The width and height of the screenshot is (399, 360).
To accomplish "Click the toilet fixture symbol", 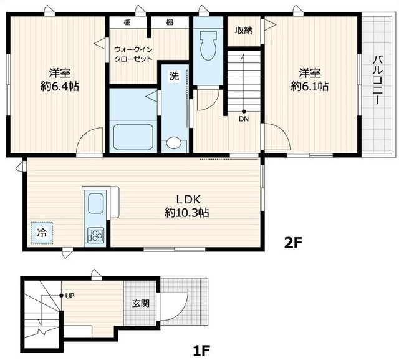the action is pos(208,46).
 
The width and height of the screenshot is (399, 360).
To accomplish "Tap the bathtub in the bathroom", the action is pos(133,137).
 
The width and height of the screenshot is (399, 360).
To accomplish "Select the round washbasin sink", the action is pos(174,143).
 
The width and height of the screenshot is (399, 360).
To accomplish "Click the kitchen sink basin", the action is pos(95,204).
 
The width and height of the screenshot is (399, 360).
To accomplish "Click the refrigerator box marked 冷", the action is pos(42,233).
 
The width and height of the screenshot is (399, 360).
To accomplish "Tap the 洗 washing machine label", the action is pos(175,75).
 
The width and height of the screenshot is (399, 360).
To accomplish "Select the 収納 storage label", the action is pos(244,31).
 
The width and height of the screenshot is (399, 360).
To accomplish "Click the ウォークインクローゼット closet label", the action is pos(133,54).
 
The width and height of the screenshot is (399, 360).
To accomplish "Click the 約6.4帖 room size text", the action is pos(60,87).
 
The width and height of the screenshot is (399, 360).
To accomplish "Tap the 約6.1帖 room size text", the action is pos(310,87).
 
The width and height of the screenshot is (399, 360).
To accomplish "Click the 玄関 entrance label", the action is pos(141,303).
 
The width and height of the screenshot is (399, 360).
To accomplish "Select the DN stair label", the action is pos(244,119).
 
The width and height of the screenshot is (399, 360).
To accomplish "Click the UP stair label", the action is pos(70,296).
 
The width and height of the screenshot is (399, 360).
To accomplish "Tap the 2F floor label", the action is pos(293,242).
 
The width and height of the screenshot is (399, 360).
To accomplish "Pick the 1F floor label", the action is pos(201,351).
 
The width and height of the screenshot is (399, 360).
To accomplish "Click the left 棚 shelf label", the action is pos(127,22).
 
